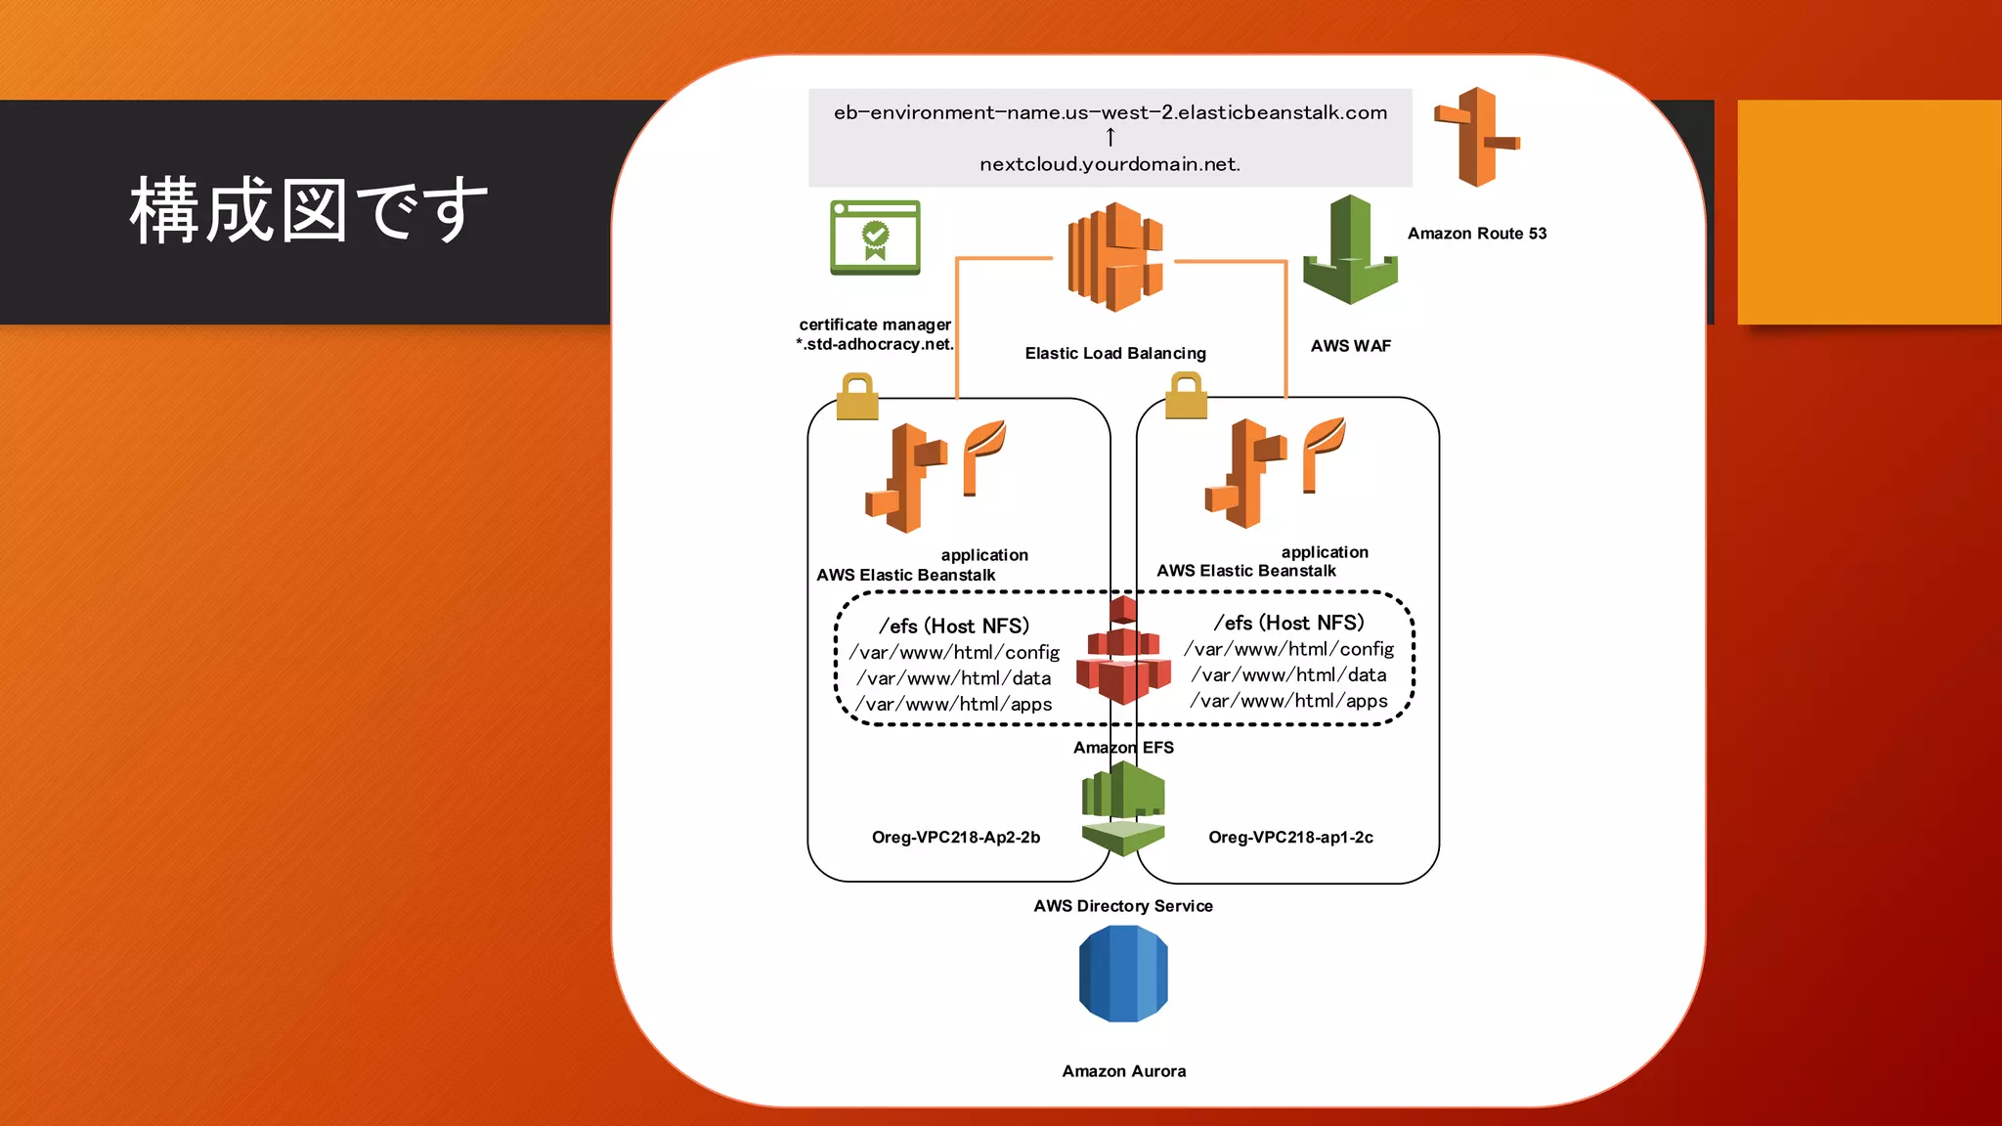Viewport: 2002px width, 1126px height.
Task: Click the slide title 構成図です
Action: coord(309,210)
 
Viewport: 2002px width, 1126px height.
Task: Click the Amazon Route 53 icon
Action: coord(1476,137)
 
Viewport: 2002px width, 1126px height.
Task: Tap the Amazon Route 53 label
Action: coord(1476,234)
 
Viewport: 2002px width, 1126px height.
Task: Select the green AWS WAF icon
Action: coord(1350,250)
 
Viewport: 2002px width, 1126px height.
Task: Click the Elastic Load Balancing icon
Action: coord(1115,257)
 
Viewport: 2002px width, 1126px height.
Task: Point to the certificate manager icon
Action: coord(875,238)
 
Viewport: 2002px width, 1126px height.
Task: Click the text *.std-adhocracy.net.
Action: coord(875,344)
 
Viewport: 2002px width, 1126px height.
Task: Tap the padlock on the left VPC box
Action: coord(857,397)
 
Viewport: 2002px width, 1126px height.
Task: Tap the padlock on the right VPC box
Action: coord(1186,396)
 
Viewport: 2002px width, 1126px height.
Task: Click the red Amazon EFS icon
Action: coord(1123,653)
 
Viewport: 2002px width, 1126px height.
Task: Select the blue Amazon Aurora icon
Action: coord(1123,974)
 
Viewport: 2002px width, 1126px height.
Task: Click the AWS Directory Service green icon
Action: coord(1123,808)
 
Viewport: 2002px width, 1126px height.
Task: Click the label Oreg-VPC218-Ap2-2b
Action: coord(955,838)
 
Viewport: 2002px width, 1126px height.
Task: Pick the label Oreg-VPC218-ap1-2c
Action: coord(1290,838)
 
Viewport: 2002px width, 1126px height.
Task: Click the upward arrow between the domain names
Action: coord(1110,138)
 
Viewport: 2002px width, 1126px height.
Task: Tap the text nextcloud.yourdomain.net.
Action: coord(1110,164)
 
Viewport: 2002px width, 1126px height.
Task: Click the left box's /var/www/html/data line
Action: coord(954,678)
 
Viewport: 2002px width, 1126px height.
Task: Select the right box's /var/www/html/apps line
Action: coord(1288,701)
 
